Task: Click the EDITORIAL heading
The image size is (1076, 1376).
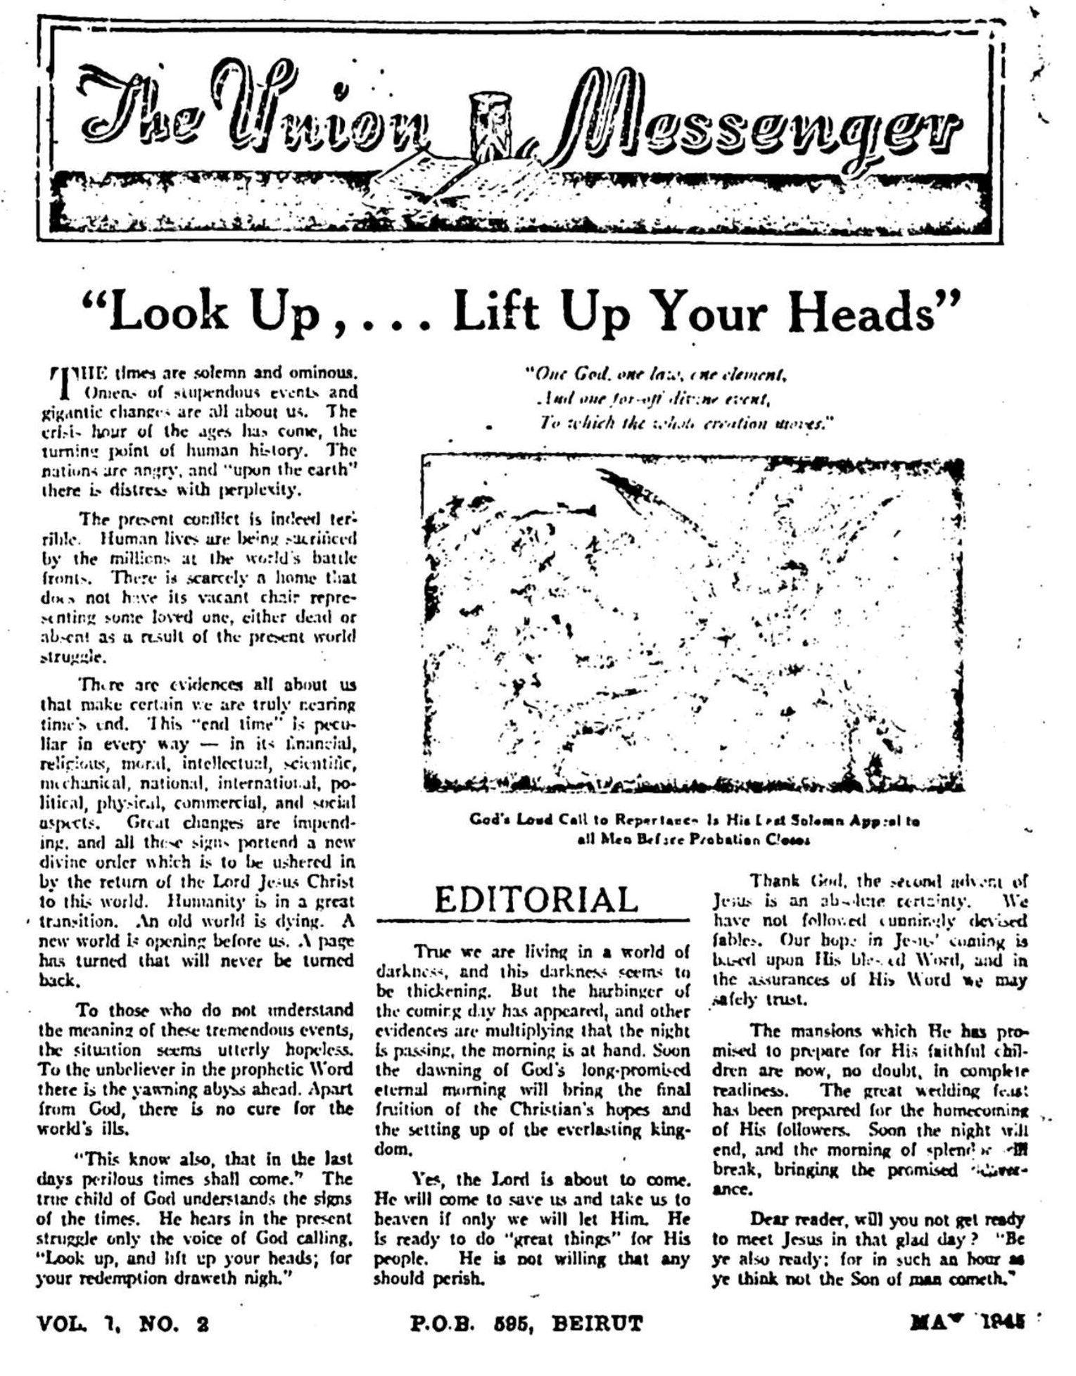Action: tap(536, 900)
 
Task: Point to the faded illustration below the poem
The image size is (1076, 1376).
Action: tap(692, 623)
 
